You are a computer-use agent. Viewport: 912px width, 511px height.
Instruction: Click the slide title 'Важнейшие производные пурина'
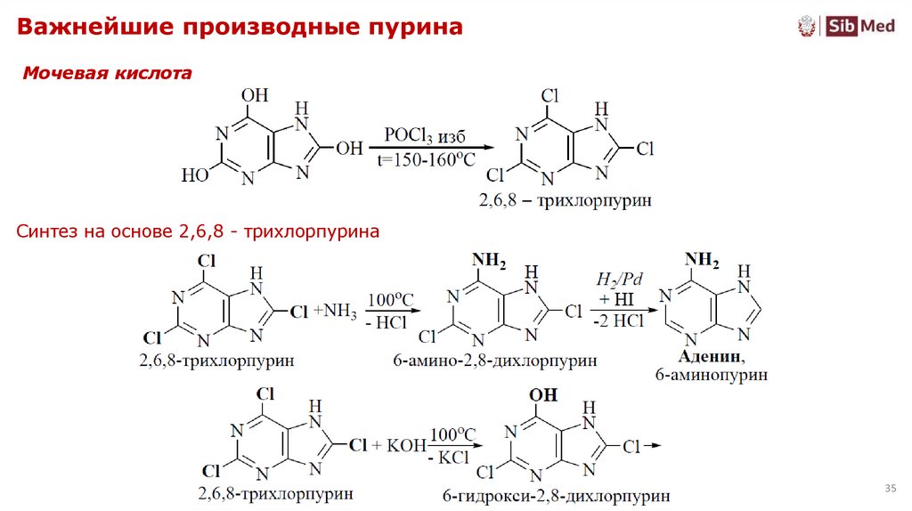240,28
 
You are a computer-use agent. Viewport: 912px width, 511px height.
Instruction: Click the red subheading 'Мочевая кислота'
107,73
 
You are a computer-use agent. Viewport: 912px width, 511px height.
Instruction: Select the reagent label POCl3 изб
425,134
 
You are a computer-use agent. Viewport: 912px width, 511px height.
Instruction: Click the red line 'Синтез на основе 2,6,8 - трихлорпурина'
199,231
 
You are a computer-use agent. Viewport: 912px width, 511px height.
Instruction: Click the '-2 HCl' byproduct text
618,321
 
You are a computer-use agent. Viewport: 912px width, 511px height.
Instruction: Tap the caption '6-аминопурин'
712,376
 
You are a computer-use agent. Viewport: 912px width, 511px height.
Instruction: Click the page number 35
890,489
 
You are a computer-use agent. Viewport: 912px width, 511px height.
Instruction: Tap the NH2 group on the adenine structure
703,260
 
